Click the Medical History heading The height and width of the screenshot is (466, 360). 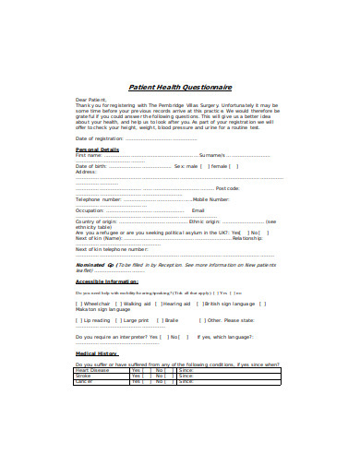pyautogui.click(x=97, y=353)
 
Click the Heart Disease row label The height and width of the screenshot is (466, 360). pyautogui.click(x=92, y=370)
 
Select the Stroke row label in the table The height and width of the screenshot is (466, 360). pyautogui.click(x=83, y=376)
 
